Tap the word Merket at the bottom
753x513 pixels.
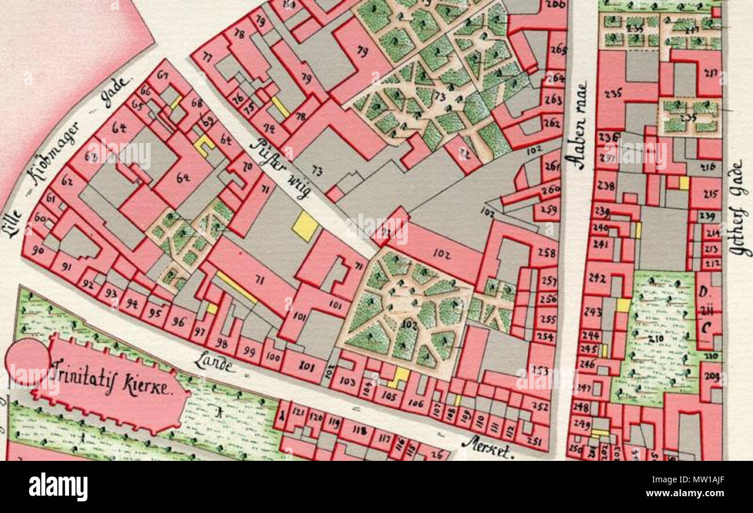[487, 447]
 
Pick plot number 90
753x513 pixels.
[38, 250]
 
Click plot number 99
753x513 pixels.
[250, 351]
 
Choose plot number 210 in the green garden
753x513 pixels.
[655, 338]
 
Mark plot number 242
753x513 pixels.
[597, 278]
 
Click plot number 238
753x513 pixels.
[605, 186]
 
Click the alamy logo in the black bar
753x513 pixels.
[58, 486]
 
